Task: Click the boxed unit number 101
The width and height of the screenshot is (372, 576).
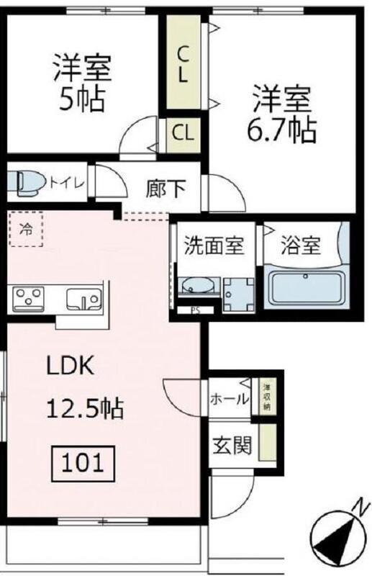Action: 82,461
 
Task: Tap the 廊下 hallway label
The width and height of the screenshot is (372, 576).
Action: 166,188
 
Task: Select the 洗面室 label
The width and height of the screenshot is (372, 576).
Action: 214,246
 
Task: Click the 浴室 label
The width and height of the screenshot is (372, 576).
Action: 301,246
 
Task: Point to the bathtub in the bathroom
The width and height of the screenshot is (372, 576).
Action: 306,288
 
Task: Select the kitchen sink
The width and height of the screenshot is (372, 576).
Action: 84,297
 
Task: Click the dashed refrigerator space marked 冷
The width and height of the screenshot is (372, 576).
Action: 26,230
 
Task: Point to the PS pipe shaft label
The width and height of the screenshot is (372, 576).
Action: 195,311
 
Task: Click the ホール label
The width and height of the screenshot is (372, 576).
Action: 229,398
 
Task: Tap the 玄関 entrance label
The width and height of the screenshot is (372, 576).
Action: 232,446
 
